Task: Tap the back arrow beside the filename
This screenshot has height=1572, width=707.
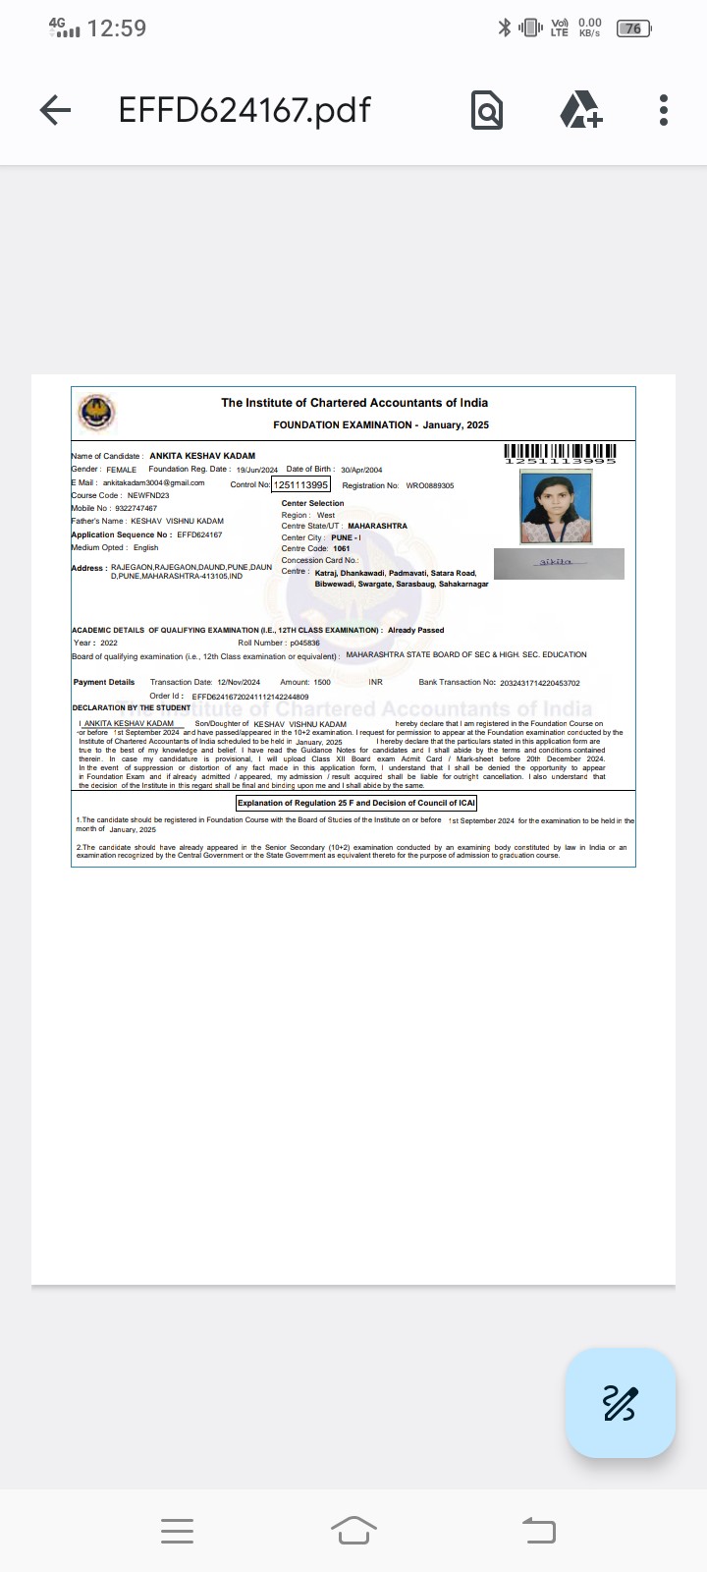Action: [x=55, y=110]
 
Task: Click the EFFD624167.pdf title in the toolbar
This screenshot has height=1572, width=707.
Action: [x=245, y=110]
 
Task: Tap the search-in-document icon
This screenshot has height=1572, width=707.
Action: [x=487, y=110]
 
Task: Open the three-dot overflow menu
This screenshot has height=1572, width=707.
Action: [x=664, y=110]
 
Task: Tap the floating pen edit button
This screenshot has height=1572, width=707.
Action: [x=620, y=1403]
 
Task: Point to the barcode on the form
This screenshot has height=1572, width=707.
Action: [x=560, y=453]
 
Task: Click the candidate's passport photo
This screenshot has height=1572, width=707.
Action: [x=556, y=508]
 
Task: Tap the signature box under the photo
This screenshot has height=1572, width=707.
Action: [x=559, y=563]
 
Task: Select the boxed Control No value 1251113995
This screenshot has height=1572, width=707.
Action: [x=301, y=484]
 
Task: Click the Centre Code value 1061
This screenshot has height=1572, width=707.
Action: [x=341, y=549]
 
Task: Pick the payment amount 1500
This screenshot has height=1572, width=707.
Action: [x=322, y=682]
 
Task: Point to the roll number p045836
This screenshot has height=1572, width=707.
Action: [x=304, y=643]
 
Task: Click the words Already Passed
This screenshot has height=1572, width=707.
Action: [x=415, y=630]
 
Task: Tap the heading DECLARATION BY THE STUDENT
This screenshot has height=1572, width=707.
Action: [x=132, y=707]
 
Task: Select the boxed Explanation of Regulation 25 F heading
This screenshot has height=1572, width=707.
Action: [x=356, y=803]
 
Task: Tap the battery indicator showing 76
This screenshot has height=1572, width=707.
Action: [x=633, y=28]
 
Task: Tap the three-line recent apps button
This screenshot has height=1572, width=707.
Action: [x=177, y=1531]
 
